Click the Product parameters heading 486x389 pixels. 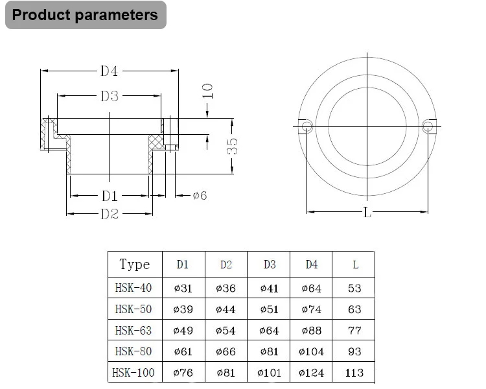tap(85, 15)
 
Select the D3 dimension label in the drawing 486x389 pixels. tap(110, 96)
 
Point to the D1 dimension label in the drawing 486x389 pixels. tap(109, 195)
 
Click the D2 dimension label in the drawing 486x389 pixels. tap(110, 214)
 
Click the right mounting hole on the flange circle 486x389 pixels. tap(427, 126)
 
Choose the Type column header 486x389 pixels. tap(135, 265)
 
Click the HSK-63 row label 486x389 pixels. tap(133, 331)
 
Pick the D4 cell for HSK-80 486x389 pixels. tap(311, 351)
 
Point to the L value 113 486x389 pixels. tap(354, 372)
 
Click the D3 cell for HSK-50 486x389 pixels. tap(269, 309)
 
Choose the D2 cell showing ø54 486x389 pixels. tap(226, 331)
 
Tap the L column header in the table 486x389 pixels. tap(354, 265)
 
